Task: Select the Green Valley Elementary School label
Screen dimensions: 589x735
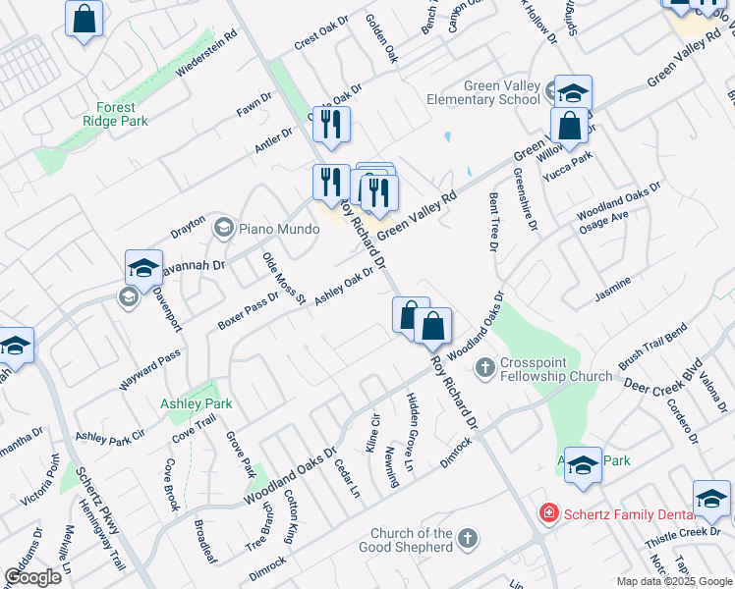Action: tap(483, 92)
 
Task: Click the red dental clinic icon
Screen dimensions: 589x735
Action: tap(548, 513)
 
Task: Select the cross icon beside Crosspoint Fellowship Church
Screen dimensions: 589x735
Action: tap(484, 369)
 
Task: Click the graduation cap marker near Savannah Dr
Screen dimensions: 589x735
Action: tap(143, 268)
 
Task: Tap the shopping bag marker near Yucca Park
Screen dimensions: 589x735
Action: tap(569, 126)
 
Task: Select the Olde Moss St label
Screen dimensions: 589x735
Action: tap(284, 278)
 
